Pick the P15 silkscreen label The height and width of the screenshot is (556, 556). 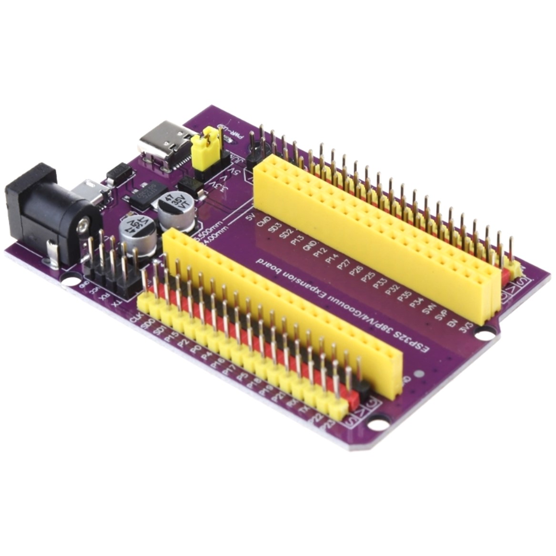(x=171, y=336)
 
